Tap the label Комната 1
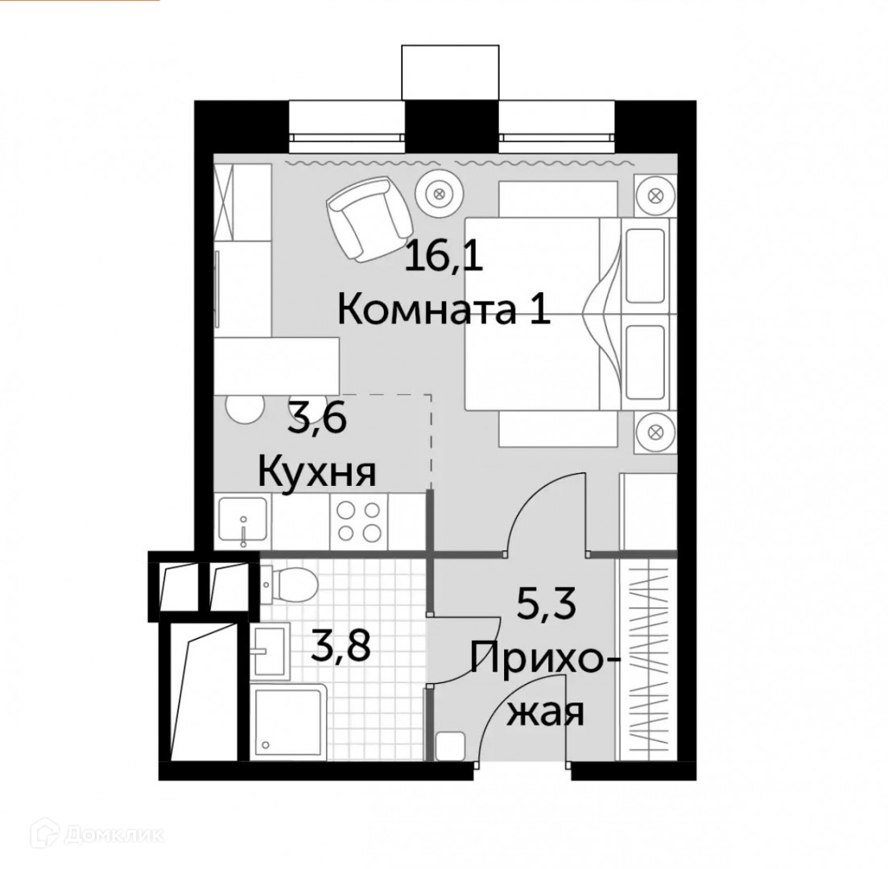pyautogui.click(x=444, y=310)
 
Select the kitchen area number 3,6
pyautogui.click(x=317, y=419)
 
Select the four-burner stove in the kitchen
pyautogui.click(x=358, y=521)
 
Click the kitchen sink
pyautogui.click(x=242, y=521)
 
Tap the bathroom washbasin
pyautogui.click(x=271, y=649)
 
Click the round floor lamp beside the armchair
pyautogui.click(x=439, y=193)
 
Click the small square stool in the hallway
pyautogui.click(x=450, y=746)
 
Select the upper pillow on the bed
pyautogui.click(x=645, y=266)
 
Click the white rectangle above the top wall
pyautogui.click(x=451, y=72)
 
